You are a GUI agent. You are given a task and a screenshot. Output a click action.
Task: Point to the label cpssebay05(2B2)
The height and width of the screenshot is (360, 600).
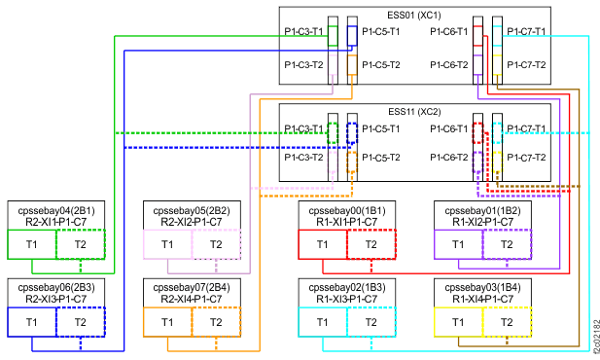[192, 209]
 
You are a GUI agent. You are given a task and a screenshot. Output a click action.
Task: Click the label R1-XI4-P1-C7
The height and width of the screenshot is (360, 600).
[482, 299]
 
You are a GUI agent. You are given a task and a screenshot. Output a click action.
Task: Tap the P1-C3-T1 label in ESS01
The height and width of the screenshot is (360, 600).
[303, 31]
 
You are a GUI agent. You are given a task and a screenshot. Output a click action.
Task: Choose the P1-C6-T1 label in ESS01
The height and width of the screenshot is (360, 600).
[448, 31]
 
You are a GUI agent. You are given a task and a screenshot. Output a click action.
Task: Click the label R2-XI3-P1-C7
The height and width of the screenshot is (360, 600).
[55, 299]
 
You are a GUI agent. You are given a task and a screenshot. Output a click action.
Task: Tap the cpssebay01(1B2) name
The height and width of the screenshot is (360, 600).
[482, 209]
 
